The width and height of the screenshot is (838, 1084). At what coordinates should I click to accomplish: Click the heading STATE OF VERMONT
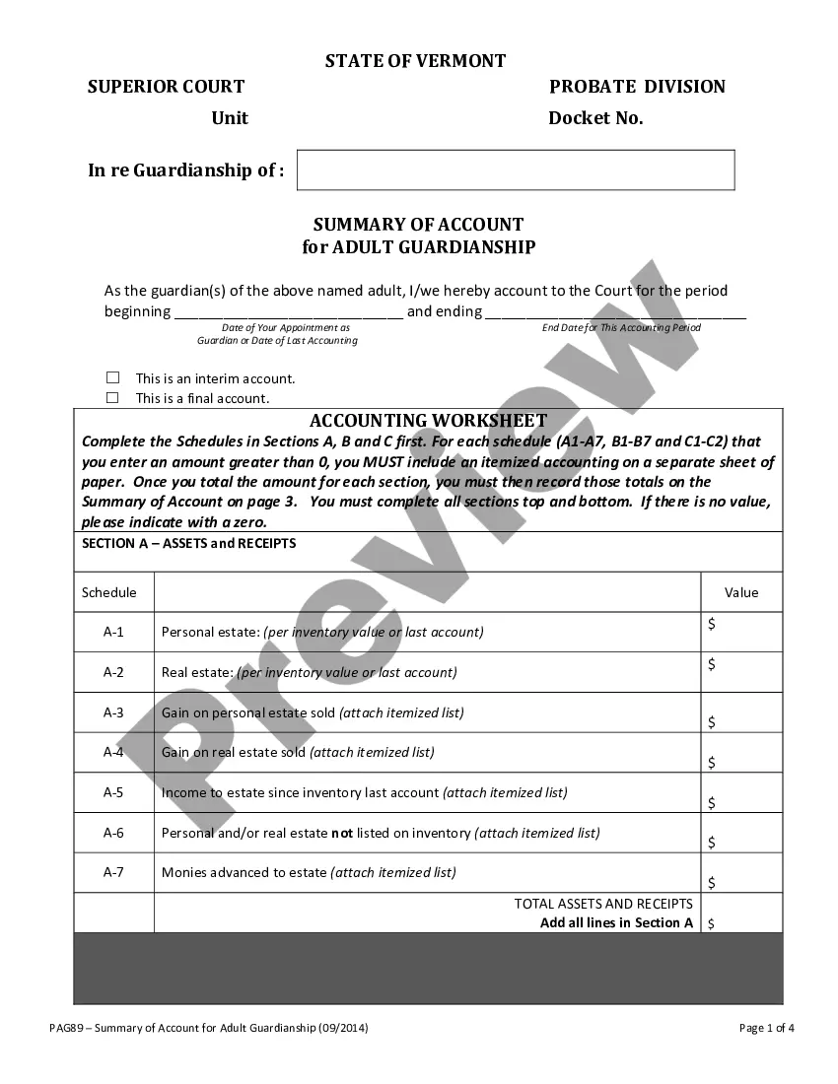[415, 61]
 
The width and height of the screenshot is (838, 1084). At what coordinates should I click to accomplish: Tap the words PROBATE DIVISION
[637, 87]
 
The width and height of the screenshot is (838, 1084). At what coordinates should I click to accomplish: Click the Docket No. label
[595, 118]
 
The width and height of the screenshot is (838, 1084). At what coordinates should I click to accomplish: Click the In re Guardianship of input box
[516, 169]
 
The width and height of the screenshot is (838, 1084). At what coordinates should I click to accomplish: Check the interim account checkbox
[113, 377]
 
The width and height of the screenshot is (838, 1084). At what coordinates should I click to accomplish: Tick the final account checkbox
[113, 398]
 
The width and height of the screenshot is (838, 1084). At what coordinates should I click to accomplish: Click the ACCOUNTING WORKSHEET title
[428, 421]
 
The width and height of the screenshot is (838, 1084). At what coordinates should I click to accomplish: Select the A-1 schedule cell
[113, 632]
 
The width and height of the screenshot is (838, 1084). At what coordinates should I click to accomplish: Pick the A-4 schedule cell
[113, 752]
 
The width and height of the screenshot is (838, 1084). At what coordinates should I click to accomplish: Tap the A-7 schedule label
[113, 872]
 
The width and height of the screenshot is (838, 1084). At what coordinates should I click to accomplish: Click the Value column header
[741, 592]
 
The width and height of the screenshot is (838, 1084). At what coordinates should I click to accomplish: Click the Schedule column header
[109, 592]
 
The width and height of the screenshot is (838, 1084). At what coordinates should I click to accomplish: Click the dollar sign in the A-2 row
[712, 664]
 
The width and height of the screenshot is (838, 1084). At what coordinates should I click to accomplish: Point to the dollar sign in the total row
[712, 923]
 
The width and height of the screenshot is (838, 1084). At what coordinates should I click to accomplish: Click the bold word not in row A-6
[342, 833]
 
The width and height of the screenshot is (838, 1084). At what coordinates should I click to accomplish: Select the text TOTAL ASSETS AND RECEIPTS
[603, 904]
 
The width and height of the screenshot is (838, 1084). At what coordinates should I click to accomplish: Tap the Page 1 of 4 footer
[766, 1028]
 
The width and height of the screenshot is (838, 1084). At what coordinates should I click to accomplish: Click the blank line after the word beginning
[289, 312]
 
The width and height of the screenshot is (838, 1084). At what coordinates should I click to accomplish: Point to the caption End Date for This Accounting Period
[621, 327]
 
